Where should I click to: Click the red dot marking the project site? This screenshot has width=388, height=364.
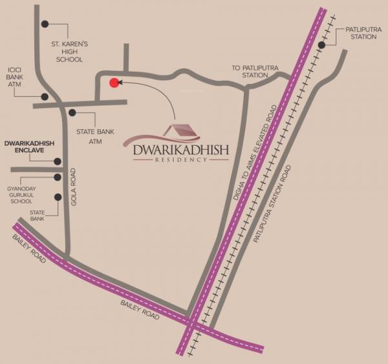coord(114,82)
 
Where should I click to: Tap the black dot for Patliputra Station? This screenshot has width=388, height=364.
coord(321,45)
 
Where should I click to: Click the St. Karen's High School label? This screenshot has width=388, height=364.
coord(69,52)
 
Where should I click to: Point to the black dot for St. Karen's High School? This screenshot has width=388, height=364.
coord(45,24)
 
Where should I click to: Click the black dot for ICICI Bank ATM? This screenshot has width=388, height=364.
coord(44,97)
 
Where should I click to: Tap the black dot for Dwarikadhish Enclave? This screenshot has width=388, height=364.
coord(58,162)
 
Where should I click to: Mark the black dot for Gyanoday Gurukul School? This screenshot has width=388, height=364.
coord(58,177)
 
